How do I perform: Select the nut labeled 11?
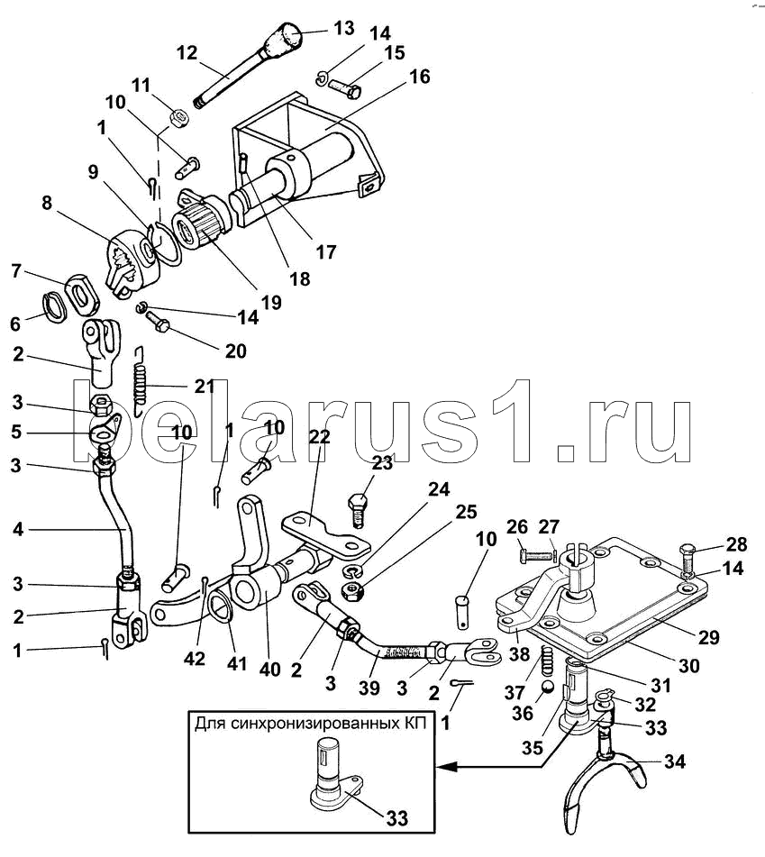click(178, 116)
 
